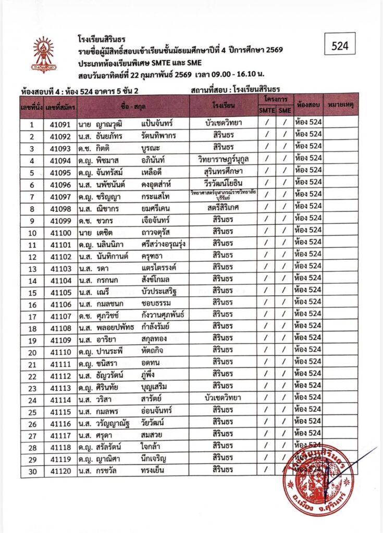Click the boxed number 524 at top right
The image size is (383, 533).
[340, 46]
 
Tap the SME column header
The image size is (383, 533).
[285, 110]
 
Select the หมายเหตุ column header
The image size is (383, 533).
[341, 105]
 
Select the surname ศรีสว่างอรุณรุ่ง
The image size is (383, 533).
[166, 243]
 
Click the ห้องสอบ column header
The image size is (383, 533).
[307, 105]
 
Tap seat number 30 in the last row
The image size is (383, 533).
[32, 471]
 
